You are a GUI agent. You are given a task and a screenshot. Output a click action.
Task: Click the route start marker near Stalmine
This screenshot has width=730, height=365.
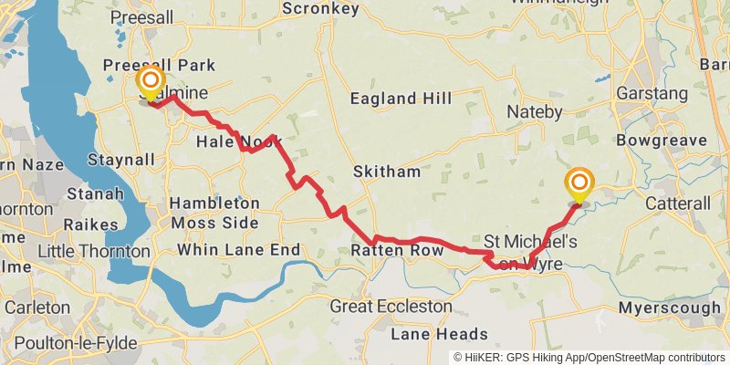[x=149, y=85]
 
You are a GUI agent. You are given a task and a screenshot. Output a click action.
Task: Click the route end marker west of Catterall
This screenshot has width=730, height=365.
[x=579, y=185]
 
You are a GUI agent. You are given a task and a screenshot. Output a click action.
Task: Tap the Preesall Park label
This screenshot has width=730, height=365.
[x=159, y=65]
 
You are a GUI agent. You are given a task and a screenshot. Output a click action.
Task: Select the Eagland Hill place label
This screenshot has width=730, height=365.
[x=394, y=99]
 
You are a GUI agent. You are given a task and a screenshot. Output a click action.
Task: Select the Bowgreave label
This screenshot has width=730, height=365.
[x=662, y=141]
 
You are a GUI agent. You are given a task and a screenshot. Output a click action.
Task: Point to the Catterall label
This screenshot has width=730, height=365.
[x=677, y=203]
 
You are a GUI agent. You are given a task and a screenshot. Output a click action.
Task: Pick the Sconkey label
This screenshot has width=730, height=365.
[x=320, y=8]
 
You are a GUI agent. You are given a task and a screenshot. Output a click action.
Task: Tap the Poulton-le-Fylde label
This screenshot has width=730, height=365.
[x=68, y=344]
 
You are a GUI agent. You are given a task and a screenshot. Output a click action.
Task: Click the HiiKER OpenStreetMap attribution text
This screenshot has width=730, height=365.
[x=589, y=357]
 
